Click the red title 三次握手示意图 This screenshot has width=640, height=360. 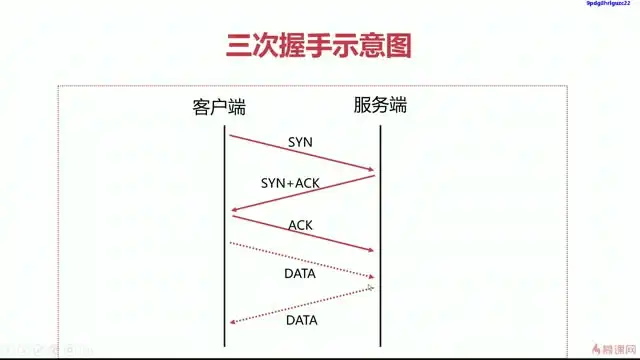pos(319,45)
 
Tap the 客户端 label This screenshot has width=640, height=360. pos(219,107)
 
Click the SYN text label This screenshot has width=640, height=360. pos(300,142)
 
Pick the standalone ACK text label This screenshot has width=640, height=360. pos(300,225)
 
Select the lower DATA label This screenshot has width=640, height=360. pos(302,320)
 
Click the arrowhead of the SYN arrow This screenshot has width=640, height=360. pos(370,169)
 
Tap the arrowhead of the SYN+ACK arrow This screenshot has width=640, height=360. pos(234,211)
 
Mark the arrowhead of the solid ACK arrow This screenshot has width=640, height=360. pos(370,251)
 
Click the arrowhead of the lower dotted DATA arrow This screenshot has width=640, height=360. pos(234,322)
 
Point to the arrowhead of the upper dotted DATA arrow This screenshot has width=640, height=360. pos(371,276)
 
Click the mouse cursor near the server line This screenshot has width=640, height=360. pos(371,288)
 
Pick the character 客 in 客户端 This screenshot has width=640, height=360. pos(201,107)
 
